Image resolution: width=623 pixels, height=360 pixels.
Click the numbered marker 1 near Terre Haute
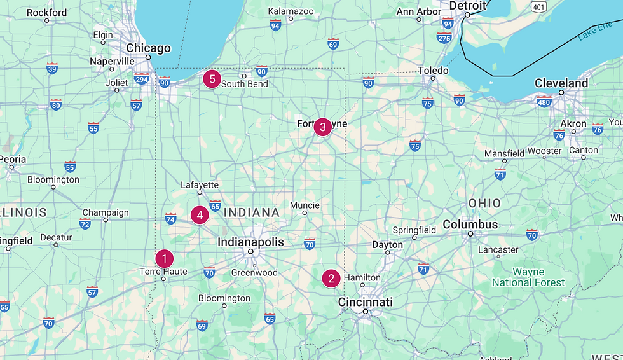[164, 259]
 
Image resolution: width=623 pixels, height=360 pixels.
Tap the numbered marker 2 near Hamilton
[331, 279]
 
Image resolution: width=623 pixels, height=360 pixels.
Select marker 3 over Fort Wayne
[322, 127]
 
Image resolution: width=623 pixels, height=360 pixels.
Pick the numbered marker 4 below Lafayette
[200, 215]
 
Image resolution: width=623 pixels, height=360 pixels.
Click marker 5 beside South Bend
[212, 80]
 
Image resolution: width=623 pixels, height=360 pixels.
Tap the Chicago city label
[148, 48]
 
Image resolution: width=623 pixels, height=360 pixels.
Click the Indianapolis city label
[250, 242]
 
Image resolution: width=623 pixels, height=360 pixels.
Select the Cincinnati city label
[365, 301]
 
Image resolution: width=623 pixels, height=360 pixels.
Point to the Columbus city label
[470, 225]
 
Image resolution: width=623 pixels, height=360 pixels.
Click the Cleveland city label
[561, 83]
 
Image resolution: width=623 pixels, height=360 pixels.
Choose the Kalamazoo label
[291, 11]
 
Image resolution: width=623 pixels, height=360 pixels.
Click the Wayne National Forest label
[528, 277]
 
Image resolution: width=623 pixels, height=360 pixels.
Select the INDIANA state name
[252, 212]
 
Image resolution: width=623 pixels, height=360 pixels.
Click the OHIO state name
[484, 204]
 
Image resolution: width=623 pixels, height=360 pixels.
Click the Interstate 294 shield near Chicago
[141, 80]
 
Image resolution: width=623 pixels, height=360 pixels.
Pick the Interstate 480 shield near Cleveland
[544, 101]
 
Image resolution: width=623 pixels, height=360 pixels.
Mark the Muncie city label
[305, 205]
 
